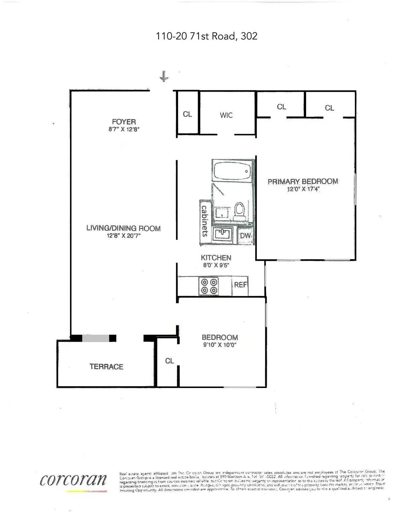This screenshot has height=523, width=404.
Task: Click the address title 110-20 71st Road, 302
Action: [x=206, y=36]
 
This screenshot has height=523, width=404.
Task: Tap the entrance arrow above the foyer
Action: [x=164, y=76]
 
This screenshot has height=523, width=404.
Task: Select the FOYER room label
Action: [x=124, y=122]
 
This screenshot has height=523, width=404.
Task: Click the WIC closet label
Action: [x=226, y=115]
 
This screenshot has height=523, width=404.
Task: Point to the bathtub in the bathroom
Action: [x=232, y=171]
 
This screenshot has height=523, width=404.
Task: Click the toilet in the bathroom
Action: [x=239, y=210]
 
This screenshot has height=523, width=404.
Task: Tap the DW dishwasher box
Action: [x=245, y=236]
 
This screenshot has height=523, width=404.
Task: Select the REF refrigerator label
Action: [x=240, y=285]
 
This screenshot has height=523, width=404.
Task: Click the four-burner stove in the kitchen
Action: [x=209, y=286]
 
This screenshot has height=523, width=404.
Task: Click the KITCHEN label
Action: [x=216, y=258]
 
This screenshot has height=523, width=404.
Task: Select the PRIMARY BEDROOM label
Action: [x=303, y=182]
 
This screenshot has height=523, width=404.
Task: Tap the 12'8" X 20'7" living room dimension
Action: [x=124, y=236]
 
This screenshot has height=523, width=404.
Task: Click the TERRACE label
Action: [x=106, y=366]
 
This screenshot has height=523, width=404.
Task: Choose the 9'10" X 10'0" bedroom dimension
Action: [x=220, y=345]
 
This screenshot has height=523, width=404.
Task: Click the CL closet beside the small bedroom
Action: [x=169, y=361]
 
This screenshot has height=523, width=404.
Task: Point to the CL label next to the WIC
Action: [x=187, y=114]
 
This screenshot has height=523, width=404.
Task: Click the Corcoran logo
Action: [x=73, y=480]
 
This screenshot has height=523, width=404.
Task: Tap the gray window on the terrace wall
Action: [x=96, y=338]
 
